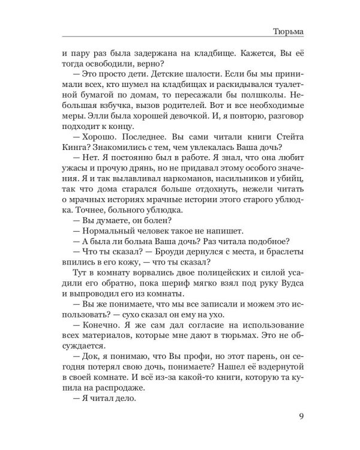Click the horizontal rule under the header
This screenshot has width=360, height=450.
pos(180,39)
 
